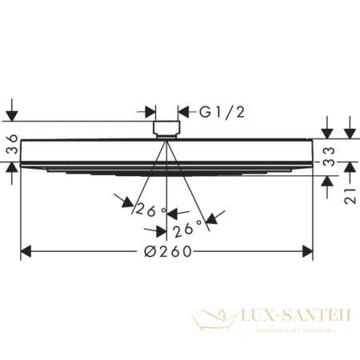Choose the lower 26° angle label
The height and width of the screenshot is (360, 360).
click(185, 231)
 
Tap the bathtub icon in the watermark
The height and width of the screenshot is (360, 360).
click(210, 320)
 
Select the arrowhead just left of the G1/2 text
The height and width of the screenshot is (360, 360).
click(182, 112)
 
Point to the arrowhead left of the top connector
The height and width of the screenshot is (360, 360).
click(149, 112)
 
